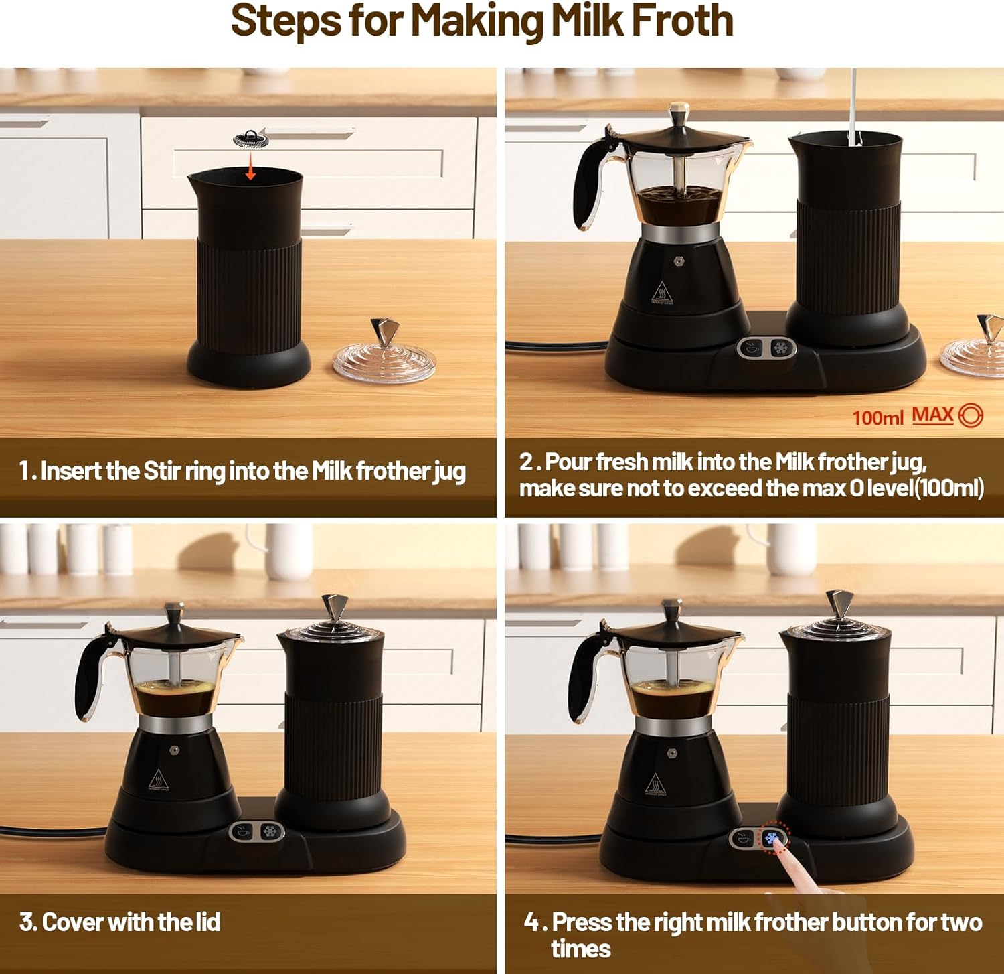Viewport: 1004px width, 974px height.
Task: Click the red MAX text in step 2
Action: click(932, 415)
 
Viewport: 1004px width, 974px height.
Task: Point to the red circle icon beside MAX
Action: click(971, 416)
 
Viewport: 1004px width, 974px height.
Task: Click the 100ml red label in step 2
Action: click(877, 418)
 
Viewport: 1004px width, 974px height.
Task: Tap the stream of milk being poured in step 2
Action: click(853, 107)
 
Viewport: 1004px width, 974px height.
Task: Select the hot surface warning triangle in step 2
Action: click(662, 293)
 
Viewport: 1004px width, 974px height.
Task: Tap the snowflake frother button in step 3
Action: click(270, 832)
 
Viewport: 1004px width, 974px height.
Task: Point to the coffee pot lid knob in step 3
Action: click(175, 611)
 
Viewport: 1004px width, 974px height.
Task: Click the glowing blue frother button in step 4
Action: click(772, 838)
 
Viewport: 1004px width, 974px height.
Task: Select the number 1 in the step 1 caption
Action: click(25, 471)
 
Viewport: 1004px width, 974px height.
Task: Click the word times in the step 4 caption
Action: click(581, 949)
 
